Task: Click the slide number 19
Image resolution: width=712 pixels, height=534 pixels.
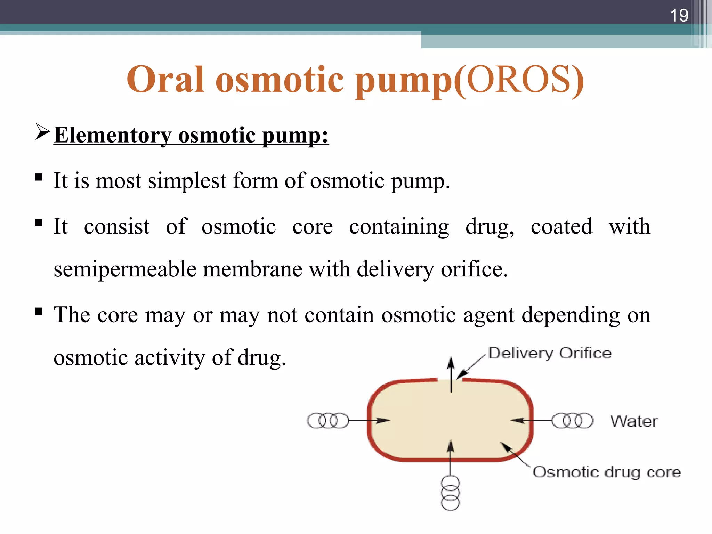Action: pyautogui.click(x=679, y=15)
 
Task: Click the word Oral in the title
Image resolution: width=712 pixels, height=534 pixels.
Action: pyautogui.click(x=165, y=80)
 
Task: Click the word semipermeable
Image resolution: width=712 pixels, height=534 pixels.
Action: pyautogui.click(x=125, y=269)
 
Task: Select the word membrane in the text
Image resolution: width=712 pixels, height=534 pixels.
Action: pyautogui.click(x=252, y=269)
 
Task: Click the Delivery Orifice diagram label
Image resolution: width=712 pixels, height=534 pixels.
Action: pyautogui.click(x=550, y=353)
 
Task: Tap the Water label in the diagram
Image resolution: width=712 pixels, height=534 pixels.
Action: pyautogui.click(x=634, y=421)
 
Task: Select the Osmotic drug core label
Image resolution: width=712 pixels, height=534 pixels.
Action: pyautogui.click(x=607, y=472)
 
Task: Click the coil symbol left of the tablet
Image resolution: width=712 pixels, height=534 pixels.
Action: pyautogui.click(x=327, y=420)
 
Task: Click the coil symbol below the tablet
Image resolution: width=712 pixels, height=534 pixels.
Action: pyautogui.click(x=450, y=493)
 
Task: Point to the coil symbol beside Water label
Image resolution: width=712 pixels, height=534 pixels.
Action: pyautogui.click(x=573, y=420)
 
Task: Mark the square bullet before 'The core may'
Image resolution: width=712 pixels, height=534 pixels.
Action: pyautogui.click(x=39, y=311)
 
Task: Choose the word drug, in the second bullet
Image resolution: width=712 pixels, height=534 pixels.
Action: pyautogui.click(x=489, y=227)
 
